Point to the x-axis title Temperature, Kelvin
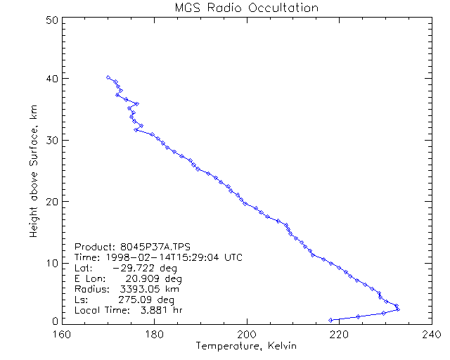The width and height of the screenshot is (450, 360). click(246, 346)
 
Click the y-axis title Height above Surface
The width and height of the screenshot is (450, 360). click(34, 168)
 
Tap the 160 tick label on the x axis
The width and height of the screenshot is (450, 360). click(63, 333)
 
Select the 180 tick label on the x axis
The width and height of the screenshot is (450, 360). click(154, 333)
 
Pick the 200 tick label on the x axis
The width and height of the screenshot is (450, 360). click(246, 333)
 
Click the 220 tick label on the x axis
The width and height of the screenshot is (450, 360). click(338, 333)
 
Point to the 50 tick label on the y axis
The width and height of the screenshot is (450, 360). click(51, 20)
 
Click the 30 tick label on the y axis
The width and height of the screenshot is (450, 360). click(51, 140)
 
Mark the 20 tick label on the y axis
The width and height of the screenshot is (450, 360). click(51, 202)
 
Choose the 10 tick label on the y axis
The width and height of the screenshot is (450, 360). click(51, 263)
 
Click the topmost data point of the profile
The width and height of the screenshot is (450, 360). click(108, 77)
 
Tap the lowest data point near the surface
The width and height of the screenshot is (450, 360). click(330, 320)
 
